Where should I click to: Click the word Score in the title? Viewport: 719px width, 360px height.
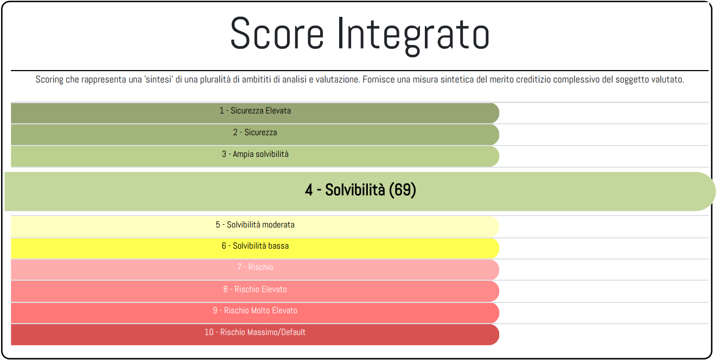coord(277,34)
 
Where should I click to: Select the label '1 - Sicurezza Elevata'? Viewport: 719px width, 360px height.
coord(255,111)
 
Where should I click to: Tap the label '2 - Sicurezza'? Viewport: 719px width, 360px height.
coord(255,132)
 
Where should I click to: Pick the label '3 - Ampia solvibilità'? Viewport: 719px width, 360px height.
coord(255,154)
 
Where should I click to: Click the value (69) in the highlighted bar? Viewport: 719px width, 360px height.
coord(402,190)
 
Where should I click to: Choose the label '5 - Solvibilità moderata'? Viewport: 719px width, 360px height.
coord(255,225)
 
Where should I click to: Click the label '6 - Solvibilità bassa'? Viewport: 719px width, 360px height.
coord(255,246)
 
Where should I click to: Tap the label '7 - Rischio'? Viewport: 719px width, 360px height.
coord(255,267)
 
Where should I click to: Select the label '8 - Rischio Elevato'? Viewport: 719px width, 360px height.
coord(255,289)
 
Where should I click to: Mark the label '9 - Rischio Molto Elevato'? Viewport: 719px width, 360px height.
coord(255,311)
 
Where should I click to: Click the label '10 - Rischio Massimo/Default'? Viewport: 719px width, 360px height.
coord(255,332)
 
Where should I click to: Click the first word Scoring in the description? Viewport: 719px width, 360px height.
coord(49,80)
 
